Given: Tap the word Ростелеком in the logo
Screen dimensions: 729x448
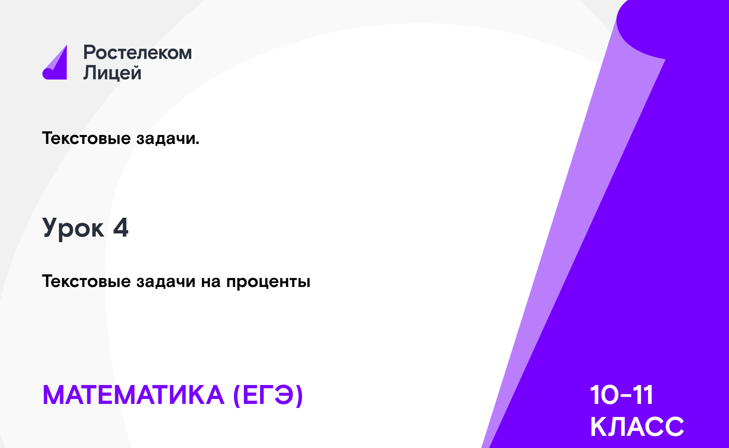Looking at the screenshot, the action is pyautogui.click(x=138, y=52).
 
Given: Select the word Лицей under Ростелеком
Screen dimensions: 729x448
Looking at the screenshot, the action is pyautogui.click(x=112, y=72).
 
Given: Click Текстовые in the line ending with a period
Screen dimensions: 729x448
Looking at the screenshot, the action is pyautogui.click(x=86, y=138).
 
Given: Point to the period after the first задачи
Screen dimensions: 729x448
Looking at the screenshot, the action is pyautogui.click(x=197, y=143).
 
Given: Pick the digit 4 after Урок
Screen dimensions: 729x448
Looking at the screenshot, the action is pyautogui.click(x=121, y=228).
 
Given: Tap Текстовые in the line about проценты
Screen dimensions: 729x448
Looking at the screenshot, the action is pyautogui.click(x=86, y=281).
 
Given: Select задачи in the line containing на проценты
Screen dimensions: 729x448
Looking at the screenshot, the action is pyautogui.click(x=166, y=281).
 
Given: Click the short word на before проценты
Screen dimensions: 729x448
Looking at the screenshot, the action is pyautogui.click(x=211, y=282).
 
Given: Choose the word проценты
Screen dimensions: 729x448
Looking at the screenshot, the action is pyautogui.click(x=268, y=282).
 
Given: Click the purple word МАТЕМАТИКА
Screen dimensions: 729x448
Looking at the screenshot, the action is pyautogui.click(x=134, y=395).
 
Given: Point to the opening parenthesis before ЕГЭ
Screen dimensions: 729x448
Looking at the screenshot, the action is pyautogui.click(x=237, y=396).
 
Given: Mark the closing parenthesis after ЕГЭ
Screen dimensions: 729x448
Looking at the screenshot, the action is pyautogui.click(x=300, y=396).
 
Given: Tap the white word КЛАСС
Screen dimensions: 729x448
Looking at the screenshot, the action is pyautogui.click(x=637, y=426).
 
